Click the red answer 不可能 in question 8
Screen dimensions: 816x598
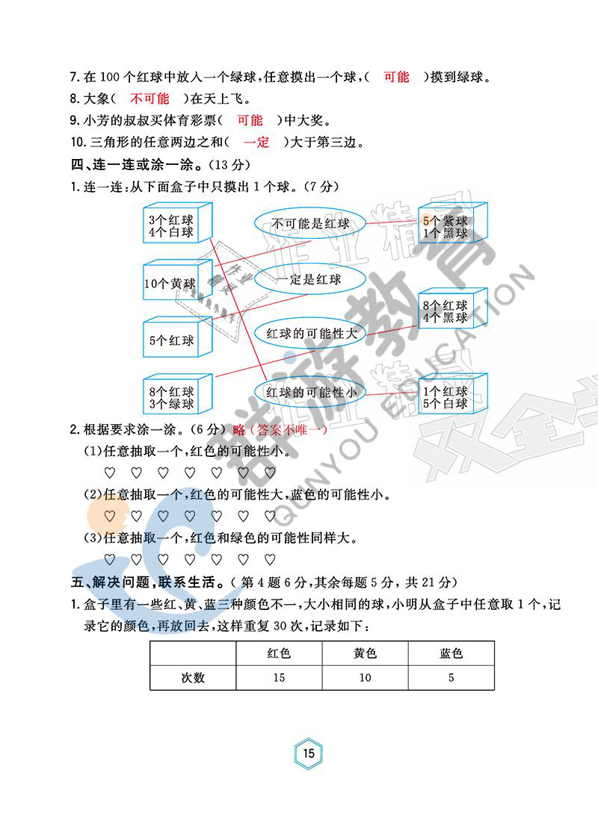(149, 99)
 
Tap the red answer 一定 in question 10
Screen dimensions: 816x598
(256, 142)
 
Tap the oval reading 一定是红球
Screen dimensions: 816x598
(308, 279)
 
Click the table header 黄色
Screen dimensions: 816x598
(365, 653)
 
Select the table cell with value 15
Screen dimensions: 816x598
(279, 678)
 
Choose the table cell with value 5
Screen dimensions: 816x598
(451, 678)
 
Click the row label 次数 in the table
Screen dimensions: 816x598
(193, 678)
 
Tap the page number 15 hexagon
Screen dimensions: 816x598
(309, 753)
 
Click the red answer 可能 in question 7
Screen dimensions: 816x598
(396, 77)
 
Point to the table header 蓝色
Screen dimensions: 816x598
(451, 653)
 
